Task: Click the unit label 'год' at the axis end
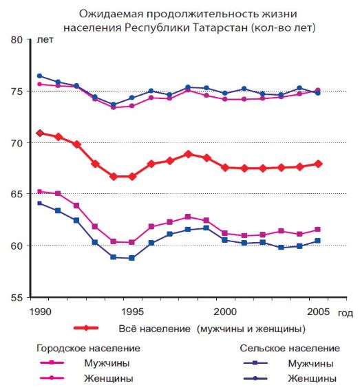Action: [x=346, y=312]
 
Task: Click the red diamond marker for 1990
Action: [x=40, y=133]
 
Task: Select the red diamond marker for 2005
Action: [x=317, y=164]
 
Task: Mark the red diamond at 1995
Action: [x=132, y=176]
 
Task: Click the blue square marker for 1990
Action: [x=40, y=203]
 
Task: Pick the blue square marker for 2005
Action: [x=317, y=241]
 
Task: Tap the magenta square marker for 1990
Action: [x=40, y=191]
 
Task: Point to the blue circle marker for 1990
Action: [x=40, y=76]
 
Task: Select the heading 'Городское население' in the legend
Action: [x=88, y=348]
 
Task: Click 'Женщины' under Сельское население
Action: [x=313, y=378]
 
